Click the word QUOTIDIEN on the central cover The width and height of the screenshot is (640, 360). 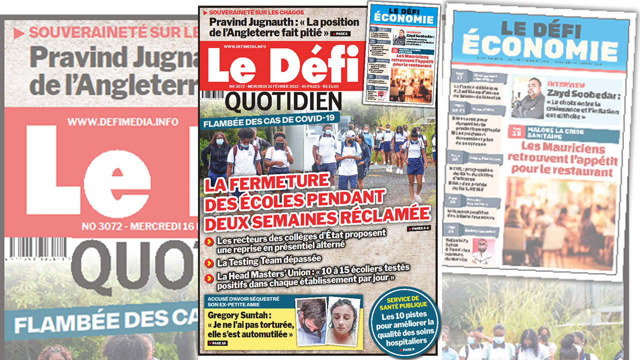click(283, 102)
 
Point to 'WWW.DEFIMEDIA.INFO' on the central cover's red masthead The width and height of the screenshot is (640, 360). click(244, 46)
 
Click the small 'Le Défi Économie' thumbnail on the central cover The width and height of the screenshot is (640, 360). click(404, 52)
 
